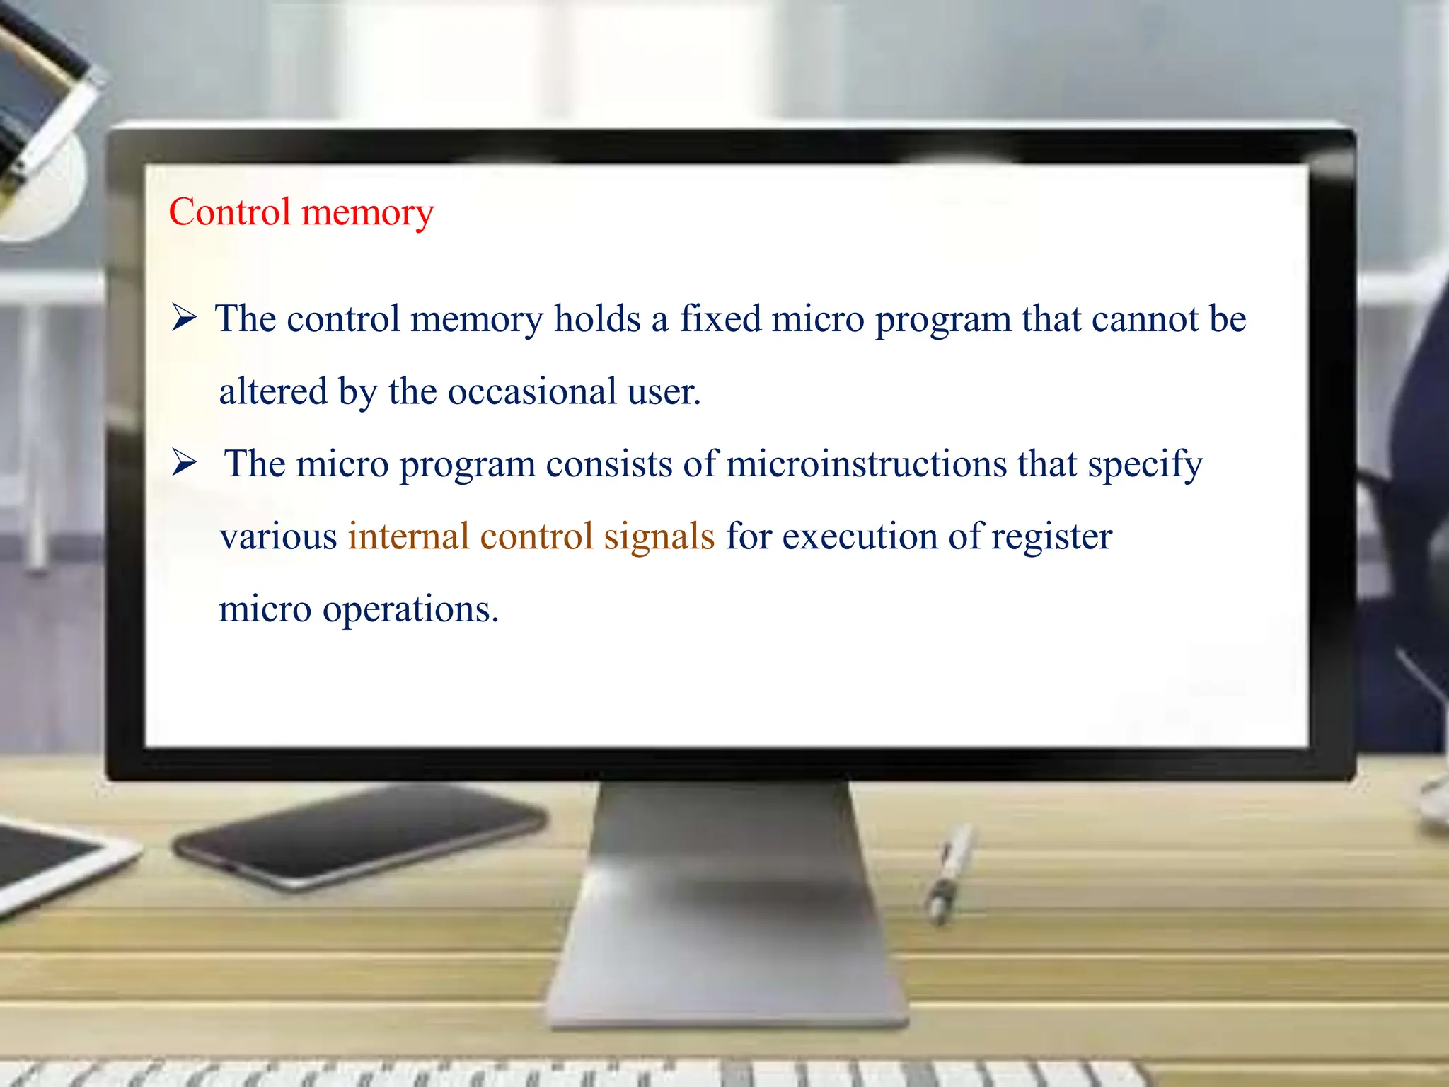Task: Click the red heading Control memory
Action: (x=301, y=212)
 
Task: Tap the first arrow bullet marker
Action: (x=184, y=318)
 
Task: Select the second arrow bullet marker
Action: (x=184, y=463)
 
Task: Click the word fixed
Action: (x=720, y=318)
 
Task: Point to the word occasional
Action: (x=532, y=391)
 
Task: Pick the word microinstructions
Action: (x=866, y=464)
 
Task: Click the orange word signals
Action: (x=659, y=536)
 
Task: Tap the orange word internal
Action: (x=408, y=536)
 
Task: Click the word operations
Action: (x=410, y=610)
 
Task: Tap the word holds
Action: (x=597, y=318)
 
